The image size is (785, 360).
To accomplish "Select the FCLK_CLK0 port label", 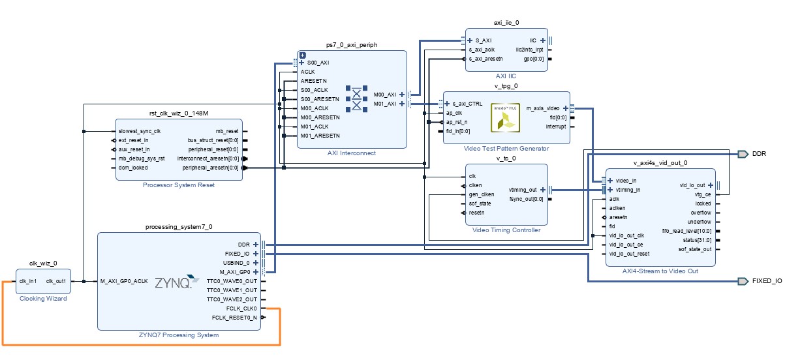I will click(241, 308).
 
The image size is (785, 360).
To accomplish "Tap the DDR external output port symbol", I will click(743, 154).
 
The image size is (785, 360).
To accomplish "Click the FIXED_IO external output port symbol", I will click(743, 281).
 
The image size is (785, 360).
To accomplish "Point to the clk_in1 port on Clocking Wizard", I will click(28, 281).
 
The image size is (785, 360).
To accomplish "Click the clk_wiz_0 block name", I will click(43, 263).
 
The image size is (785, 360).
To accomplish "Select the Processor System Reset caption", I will click(179, 185).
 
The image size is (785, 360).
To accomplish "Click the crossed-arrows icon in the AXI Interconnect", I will click(357, 98).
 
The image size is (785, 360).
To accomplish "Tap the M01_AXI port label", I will click(384, 104).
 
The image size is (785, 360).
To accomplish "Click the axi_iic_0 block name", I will click(506, 23).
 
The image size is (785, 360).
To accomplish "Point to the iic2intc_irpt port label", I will click(529, 50).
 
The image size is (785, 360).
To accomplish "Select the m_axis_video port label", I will click(543, 108).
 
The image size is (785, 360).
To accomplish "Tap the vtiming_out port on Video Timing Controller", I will click(524, 190).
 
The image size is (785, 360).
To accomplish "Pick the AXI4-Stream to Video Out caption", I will click(660, 271).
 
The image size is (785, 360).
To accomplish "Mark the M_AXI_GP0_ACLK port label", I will click(125, 281).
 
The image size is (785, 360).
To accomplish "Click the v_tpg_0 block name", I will click(506, 85).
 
